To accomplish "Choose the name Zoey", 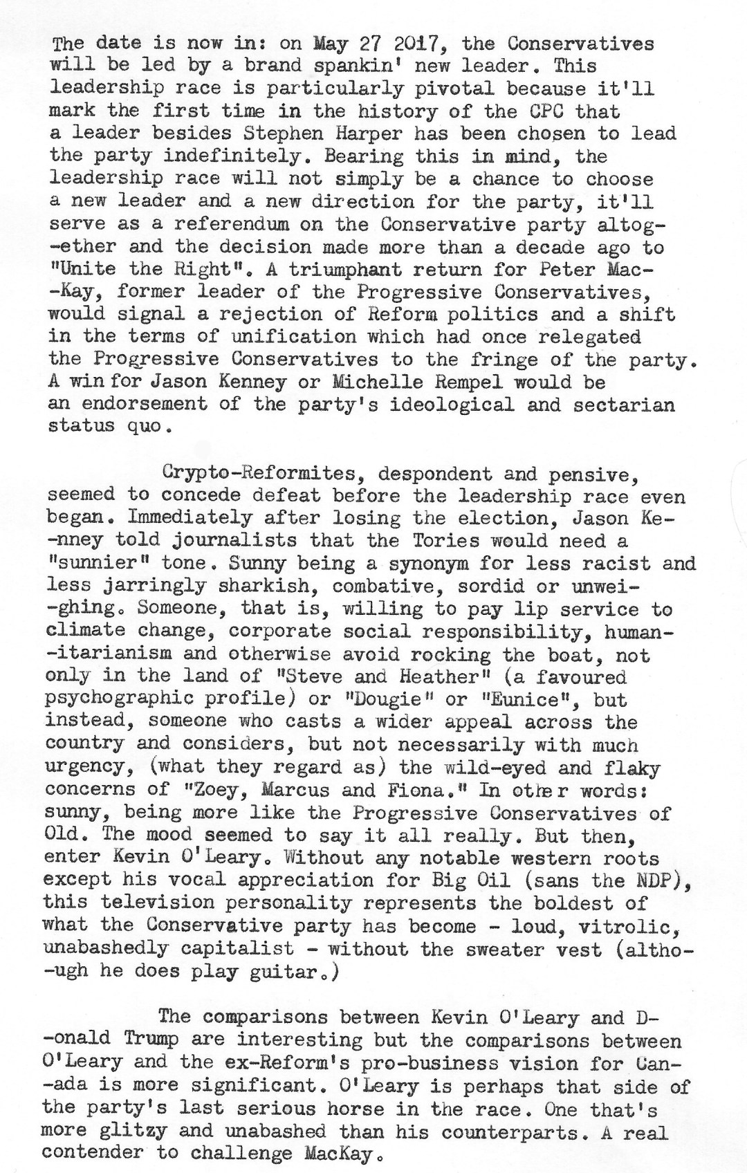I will (221, 790).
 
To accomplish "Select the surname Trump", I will (151, 1040).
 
